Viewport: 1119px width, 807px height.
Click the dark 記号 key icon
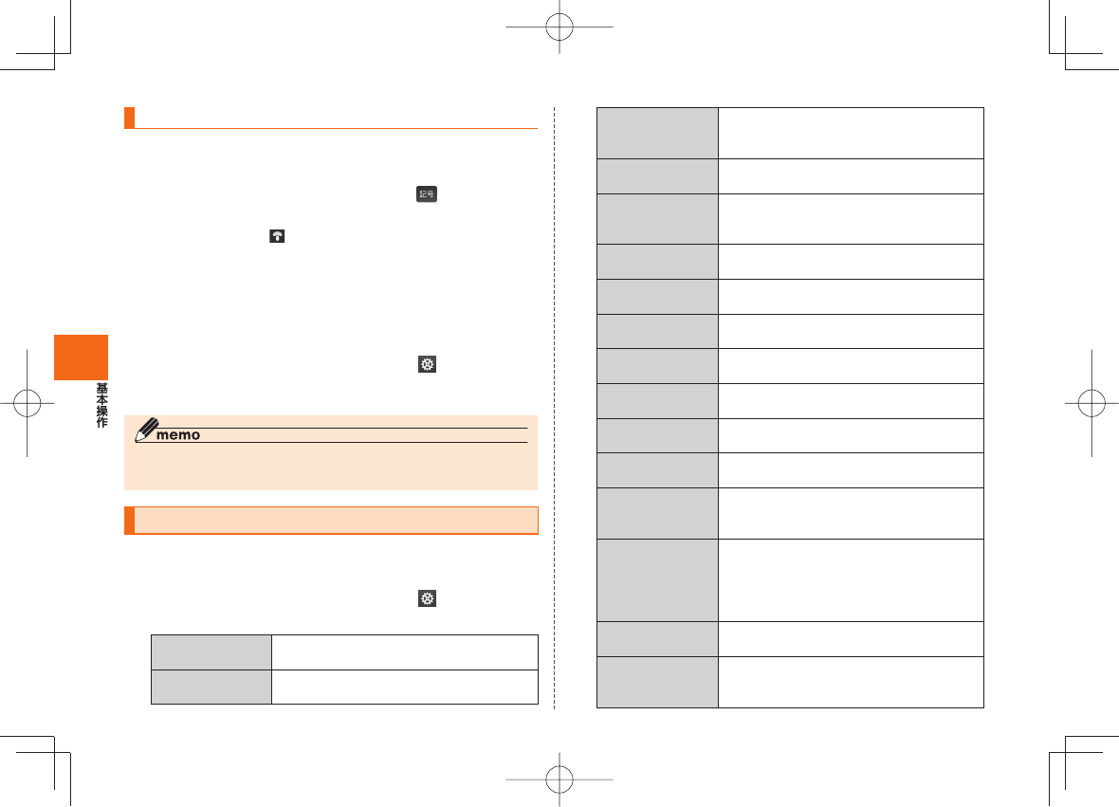422,195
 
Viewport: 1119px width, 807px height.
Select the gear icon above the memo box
428,365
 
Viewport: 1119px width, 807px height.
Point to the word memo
180,435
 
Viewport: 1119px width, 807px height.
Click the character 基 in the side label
101,390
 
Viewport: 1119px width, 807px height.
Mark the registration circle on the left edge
28,403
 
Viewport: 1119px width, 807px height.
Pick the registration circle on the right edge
1091,403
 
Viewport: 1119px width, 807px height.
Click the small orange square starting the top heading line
129,118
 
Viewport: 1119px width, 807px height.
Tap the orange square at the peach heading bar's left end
129,521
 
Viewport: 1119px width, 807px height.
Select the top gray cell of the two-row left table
211,651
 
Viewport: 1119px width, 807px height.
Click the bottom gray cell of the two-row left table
211,687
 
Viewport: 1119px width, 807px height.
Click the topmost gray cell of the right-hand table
657,133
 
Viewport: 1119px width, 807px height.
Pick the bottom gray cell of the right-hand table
657,682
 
